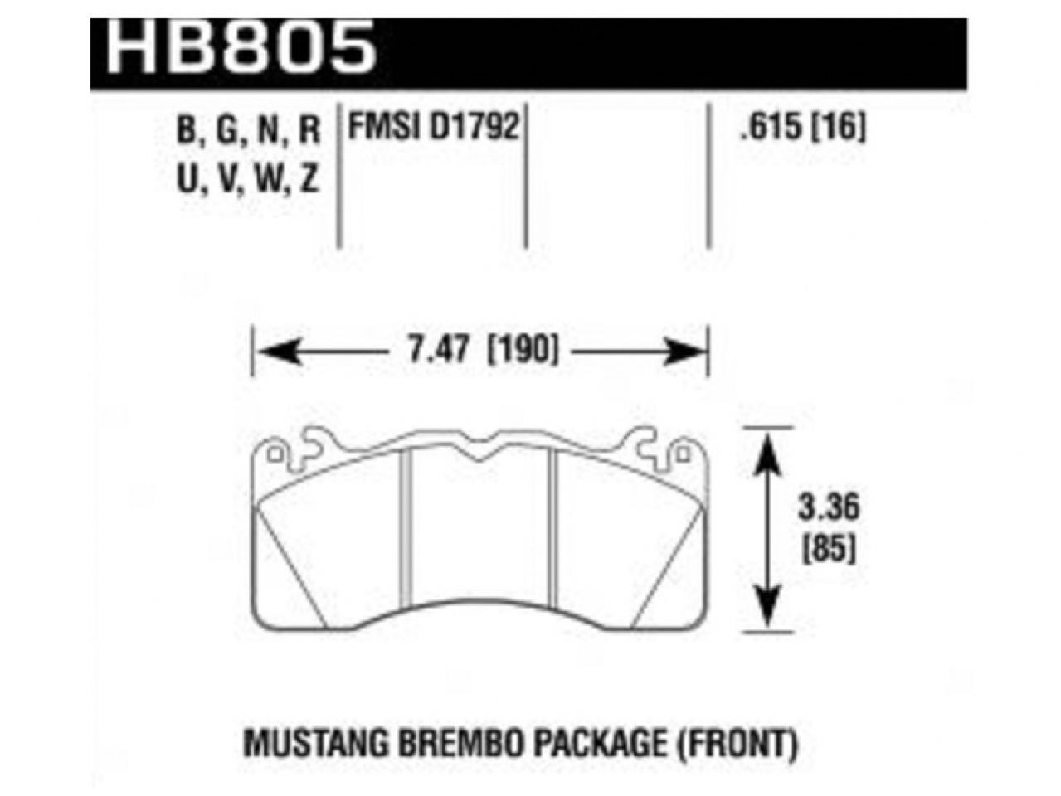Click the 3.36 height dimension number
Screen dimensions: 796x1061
coord(829,507)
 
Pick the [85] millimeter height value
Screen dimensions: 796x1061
coord(829,548)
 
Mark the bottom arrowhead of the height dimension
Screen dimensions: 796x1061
coord(771,614)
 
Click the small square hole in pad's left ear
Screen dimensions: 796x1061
coord(275,454)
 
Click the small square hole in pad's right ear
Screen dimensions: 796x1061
coord(683,454)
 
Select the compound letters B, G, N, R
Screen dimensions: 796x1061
coord(249,131)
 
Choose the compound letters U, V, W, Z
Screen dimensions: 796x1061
coord(249,179)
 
